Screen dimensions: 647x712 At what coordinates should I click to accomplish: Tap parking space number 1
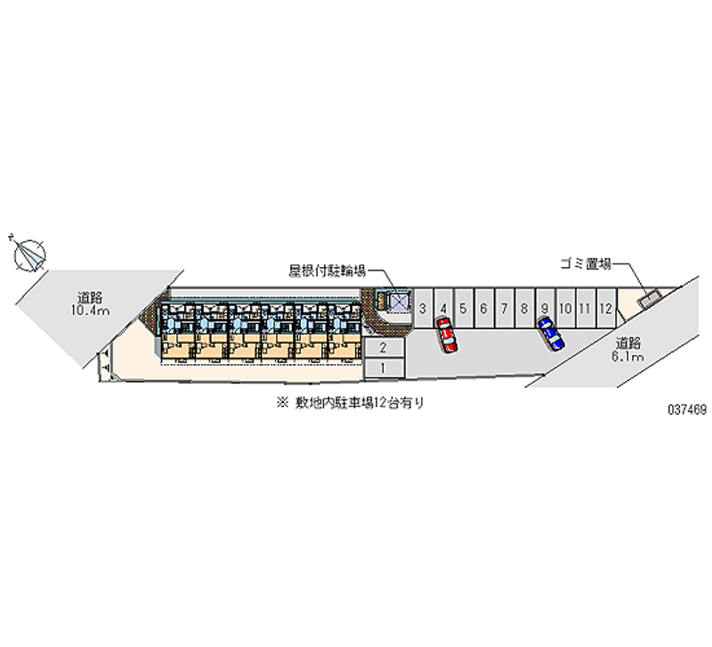(x=382, y=367)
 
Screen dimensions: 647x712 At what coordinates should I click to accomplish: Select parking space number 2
(x=382, y=347)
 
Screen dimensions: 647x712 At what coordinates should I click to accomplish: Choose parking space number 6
(x=483, y=309)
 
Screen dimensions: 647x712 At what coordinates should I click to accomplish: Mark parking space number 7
(x=504, y=309)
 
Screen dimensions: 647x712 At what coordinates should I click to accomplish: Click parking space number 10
(x=564, y=309)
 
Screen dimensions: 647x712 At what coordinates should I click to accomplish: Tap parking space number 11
(x=585, y=309)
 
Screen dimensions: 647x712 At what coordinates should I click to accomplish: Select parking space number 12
(x=605, y=309)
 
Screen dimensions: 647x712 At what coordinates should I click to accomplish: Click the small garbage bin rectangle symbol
(x=649, y=299)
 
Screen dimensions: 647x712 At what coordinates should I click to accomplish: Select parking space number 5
(x=464, y=309)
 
